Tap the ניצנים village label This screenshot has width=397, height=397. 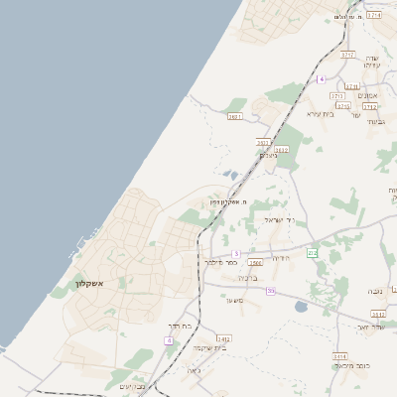pyautogui.click(x=269, y=156)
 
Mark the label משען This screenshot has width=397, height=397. pyautogui.click(x=234, y=300)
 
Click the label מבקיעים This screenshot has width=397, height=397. pyautogui.click(x=133, y=386)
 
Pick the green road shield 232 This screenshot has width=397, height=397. pyautogui.click(x=312, y=253)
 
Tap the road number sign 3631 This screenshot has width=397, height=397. pyautogui.click(x=234, y=117)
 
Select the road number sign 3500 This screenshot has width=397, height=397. pyautogui.click(x=256, y=263)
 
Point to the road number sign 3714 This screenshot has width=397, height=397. pyautogui.click(x=373, y=16)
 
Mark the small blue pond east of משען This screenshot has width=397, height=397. pyautogui.click(x=302, y=307)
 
